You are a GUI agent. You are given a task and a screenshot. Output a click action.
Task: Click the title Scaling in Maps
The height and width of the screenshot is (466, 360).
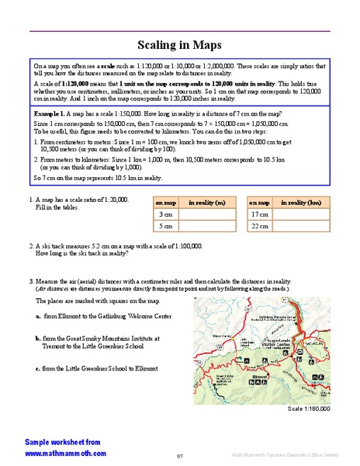(x=179, y=46)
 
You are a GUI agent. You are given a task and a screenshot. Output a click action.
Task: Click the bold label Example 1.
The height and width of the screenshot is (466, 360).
(x=50, y=113)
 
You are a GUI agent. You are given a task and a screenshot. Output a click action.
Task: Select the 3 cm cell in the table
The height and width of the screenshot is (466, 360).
(x=165, y=214)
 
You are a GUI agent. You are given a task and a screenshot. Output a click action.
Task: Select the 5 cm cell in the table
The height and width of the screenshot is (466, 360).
(x=165, y=226)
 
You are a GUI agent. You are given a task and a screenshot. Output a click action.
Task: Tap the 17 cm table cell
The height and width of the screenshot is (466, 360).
(x=260, y=214)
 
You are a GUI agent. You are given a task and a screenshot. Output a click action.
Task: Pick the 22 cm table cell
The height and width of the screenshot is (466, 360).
(x=260, y=226)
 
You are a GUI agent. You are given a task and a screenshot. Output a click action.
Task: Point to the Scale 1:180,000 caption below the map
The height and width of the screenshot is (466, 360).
(x=308, y=408)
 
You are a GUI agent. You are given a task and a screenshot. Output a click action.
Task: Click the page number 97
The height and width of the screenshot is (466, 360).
(x=179, y=455)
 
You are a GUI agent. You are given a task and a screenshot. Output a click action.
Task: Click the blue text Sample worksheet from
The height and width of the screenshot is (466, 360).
(x=62, y=441)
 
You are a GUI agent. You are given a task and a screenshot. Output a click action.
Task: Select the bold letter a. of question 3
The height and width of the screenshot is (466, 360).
(x=38, y=317)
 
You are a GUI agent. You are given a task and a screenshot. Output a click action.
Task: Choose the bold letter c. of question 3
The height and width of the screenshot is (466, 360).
(x=38, y=368)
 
